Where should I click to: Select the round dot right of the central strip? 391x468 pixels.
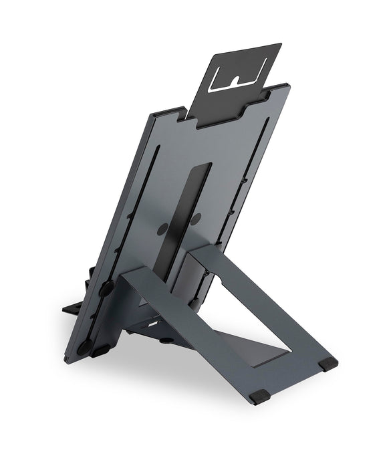[x=197, y=219]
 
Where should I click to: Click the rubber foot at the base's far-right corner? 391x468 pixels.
[x=328, y=364]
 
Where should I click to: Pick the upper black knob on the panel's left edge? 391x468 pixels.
[x=106, y=289]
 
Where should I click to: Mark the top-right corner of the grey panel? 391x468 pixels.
[x=287, y=86]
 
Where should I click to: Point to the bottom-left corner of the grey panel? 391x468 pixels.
[x=67, y=361]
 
